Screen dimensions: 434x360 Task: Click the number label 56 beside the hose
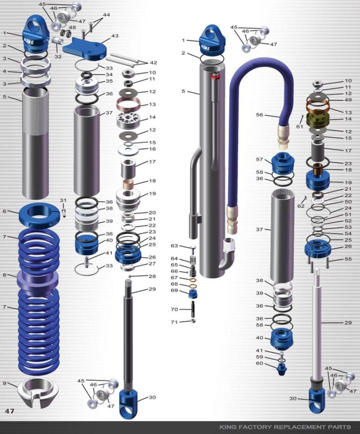(259, 115)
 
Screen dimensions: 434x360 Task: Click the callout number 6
(4, 211)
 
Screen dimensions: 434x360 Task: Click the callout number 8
(4, 275)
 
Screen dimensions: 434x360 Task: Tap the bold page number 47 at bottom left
(9, 411)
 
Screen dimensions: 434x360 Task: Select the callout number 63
(174, 246)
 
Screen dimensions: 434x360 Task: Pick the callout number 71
(174, 322)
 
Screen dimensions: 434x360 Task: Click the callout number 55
(348, 259)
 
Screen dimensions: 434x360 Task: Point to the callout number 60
(259, 363)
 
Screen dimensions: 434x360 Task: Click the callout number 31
(63, 201)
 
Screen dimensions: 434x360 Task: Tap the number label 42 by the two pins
(153, 63)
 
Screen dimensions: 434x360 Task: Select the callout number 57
(259, 160)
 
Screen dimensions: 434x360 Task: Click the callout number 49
(348, 100)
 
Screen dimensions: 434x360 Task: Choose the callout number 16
(152, 149)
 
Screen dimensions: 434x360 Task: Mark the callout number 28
(152, 276)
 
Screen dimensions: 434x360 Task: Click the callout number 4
(4, 71)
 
